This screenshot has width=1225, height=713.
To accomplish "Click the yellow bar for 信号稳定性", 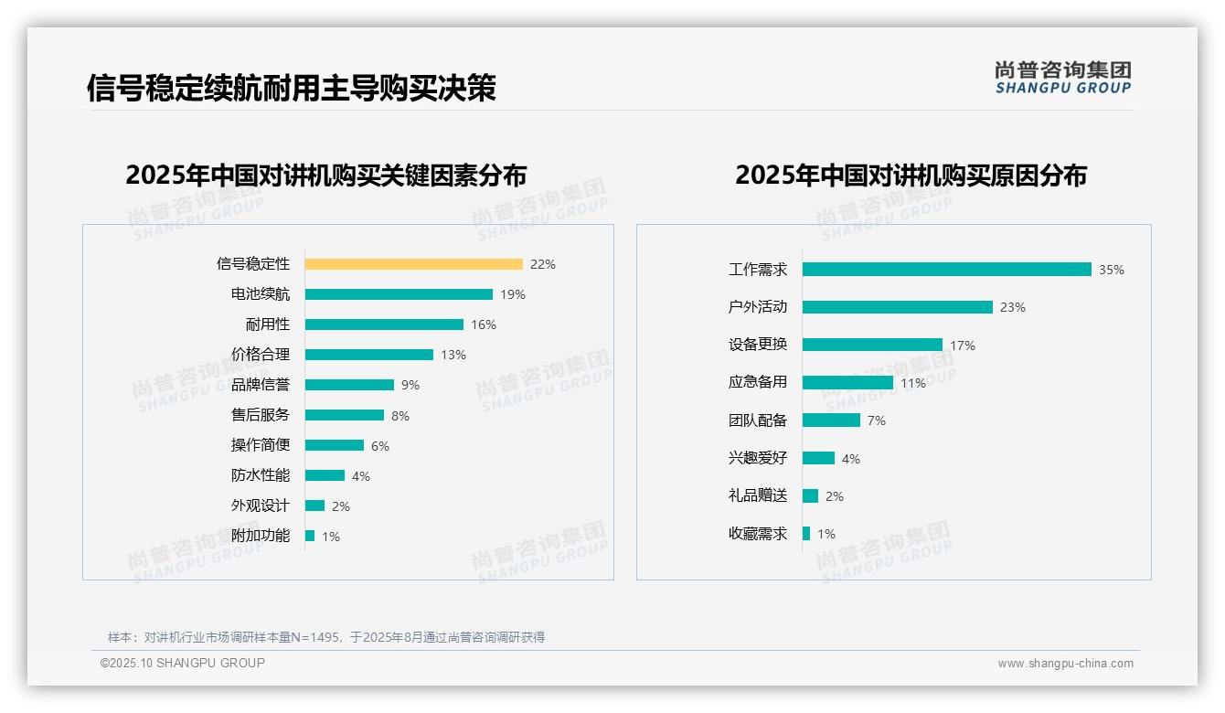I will click(413, 264).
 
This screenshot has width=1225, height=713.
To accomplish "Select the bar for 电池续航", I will click(399, 294).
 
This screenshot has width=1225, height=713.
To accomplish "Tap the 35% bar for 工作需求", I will click(946, 270).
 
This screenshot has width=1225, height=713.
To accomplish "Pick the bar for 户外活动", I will click(897, 307).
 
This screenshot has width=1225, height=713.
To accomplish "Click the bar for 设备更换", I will click(872, 345).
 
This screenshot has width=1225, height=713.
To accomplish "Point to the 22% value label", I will click(542, 264).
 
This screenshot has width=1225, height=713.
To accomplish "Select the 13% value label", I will click(453, 355).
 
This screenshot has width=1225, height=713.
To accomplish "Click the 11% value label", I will click(912, 383).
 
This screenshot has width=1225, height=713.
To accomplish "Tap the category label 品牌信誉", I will click(260, 385).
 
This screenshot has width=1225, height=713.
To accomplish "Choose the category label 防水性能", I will click(260, 475).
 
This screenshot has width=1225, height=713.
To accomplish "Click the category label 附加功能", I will click(260, 536).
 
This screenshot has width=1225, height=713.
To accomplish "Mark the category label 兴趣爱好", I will click(757, 458).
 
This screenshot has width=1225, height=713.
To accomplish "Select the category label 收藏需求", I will click(757, 534).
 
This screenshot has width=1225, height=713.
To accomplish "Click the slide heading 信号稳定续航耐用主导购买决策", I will click(291, 88).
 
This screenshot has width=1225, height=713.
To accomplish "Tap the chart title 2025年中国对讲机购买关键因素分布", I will click(325, 175).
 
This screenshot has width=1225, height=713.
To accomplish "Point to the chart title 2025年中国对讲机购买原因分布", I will click(911, 175).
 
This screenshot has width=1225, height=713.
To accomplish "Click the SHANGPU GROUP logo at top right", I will click(1062, 78).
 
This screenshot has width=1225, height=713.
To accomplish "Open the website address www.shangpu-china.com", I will click(1065, 664).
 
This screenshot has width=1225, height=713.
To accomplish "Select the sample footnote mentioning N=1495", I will click(325, 637).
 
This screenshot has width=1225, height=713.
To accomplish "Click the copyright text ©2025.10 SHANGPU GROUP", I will click(183, 663).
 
